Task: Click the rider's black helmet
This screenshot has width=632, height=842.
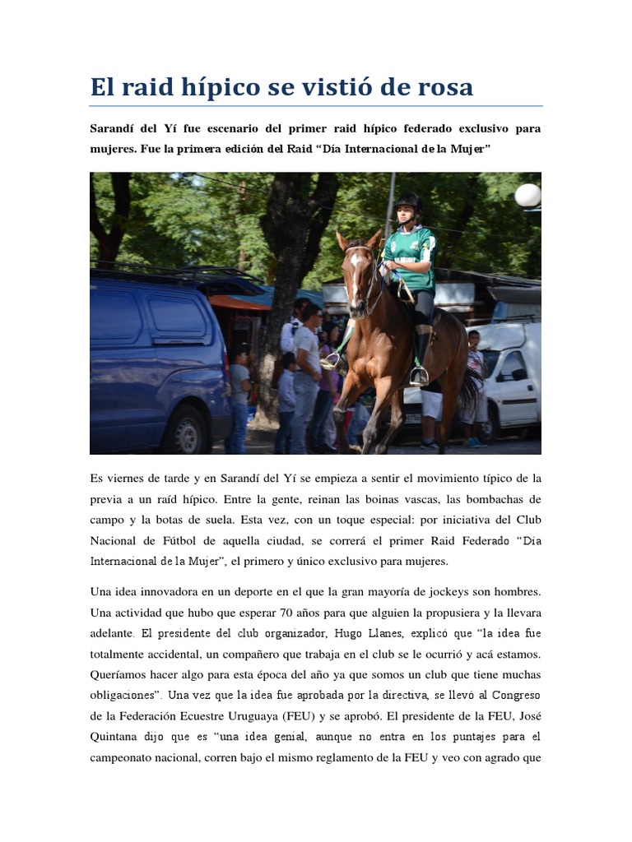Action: [408, 201]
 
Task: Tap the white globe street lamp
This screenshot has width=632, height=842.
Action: [527, 195]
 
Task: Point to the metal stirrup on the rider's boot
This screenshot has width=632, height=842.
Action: [419, 376]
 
